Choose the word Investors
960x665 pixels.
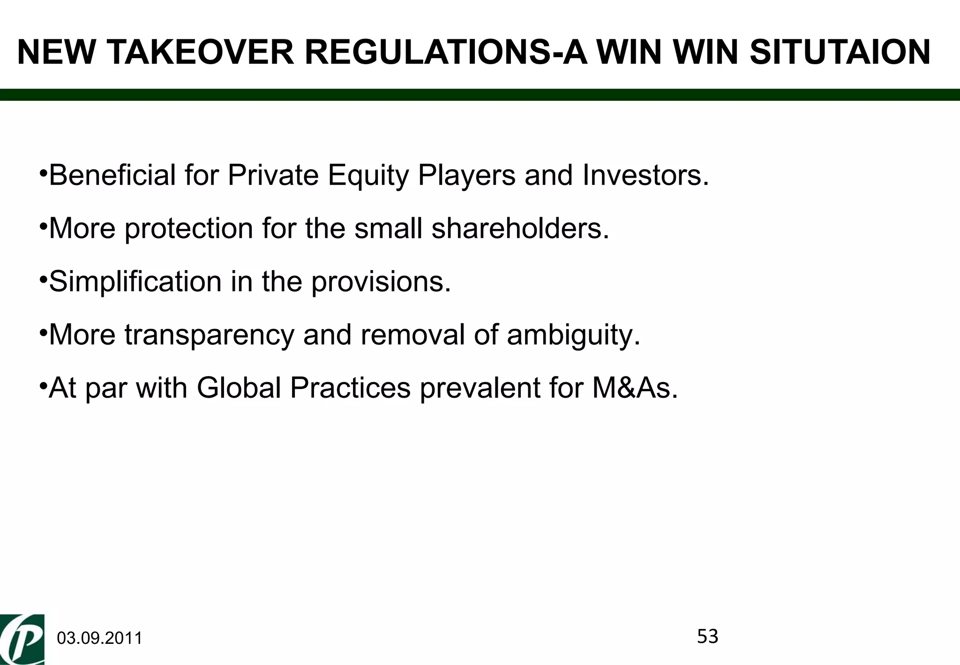pyautogui.click(x=646, y=175)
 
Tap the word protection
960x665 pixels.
pyautogui.click(x=189, y=229)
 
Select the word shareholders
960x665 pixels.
pyautogui.click(x=520, y=229)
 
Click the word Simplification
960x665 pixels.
pyautogui.click(x=135, y=282)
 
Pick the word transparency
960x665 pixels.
pyautogui.click(x=209, y=336)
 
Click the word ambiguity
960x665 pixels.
pyautogui.click(x=573, y=336)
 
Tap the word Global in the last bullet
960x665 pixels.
pyautogui.click(x=239, y=388)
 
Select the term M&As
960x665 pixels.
pyautogui.click(x=635, y=388)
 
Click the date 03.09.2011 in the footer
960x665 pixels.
pyautogui.click(x=99, y=639)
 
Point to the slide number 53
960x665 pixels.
pyautogui.click(x=707, y=636)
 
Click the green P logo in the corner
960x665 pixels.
pyautogui.click(x=22, y=640)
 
